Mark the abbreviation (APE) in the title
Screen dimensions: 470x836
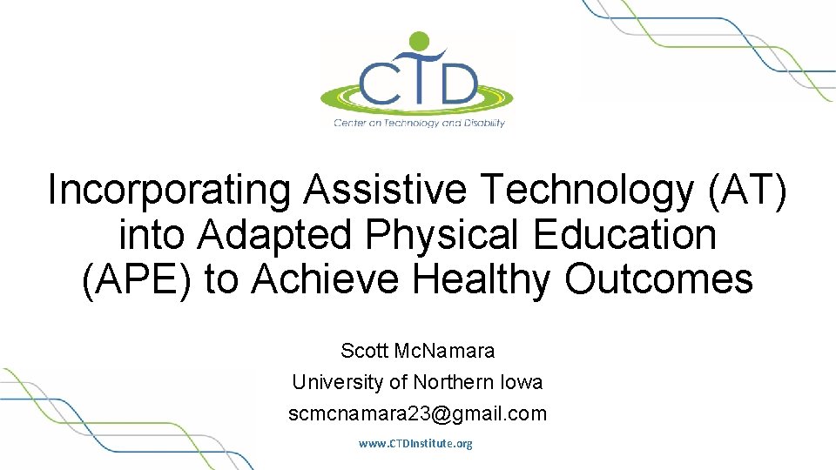pos(137,280)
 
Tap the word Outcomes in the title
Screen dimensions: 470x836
pos(659,280)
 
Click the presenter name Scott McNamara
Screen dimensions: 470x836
pos(417,352)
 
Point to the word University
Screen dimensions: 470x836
pos(334,382)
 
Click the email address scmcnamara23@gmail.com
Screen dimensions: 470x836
pos(417,413)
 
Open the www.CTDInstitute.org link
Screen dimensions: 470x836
pos(415,444)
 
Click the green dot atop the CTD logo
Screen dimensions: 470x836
pos(420,41)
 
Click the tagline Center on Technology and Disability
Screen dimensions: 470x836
pos(419,123)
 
